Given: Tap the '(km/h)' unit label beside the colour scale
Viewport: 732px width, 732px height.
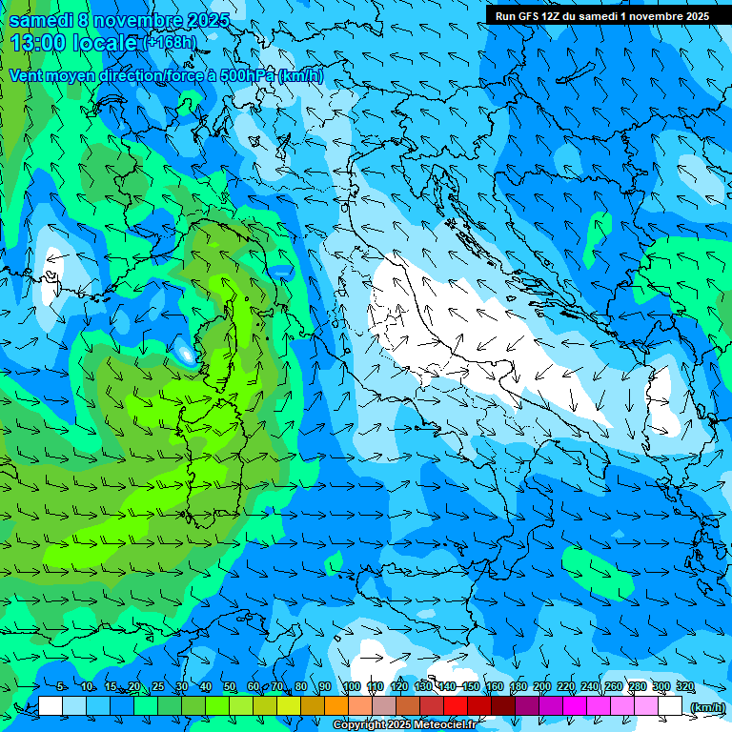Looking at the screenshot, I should click(x=706, y=707).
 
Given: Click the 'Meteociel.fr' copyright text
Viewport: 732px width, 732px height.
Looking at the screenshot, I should click(x=442, y=725).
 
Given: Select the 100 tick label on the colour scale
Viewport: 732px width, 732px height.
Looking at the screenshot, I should click(x=352, y=687).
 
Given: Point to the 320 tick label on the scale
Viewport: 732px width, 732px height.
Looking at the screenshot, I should click(x=685, y=687).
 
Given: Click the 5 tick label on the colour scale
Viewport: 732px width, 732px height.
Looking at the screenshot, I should click(x=61, y=687).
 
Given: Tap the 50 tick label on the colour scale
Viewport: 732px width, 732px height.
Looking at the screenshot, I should click(x=229, y=687).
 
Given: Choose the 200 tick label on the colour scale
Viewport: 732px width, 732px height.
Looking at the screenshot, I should click(x=542, y=687).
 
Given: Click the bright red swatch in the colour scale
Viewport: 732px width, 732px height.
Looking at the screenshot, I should click(x=456, y=706).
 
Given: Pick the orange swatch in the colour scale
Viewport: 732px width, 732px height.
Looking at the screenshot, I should click(x=336, y=706).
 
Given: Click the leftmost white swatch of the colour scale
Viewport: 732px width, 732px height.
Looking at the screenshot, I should click(x=51, y=706).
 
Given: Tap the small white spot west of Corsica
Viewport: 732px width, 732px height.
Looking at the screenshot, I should click(x=184, y=355).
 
